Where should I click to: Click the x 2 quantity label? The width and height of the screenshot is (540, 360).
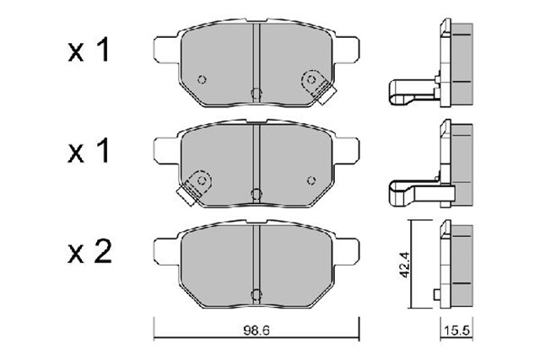point(89,250)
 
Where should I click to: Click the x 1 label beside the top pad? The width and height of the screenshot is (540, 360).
point(89,52)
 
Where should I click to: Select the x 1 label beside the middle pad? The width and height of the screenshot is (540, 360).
point(89,152)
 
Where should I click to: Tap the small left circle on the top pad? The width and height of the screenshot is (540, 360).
point(200,81)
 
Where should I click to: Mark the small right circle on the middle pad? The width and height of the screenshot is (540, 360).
point(311,179)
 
